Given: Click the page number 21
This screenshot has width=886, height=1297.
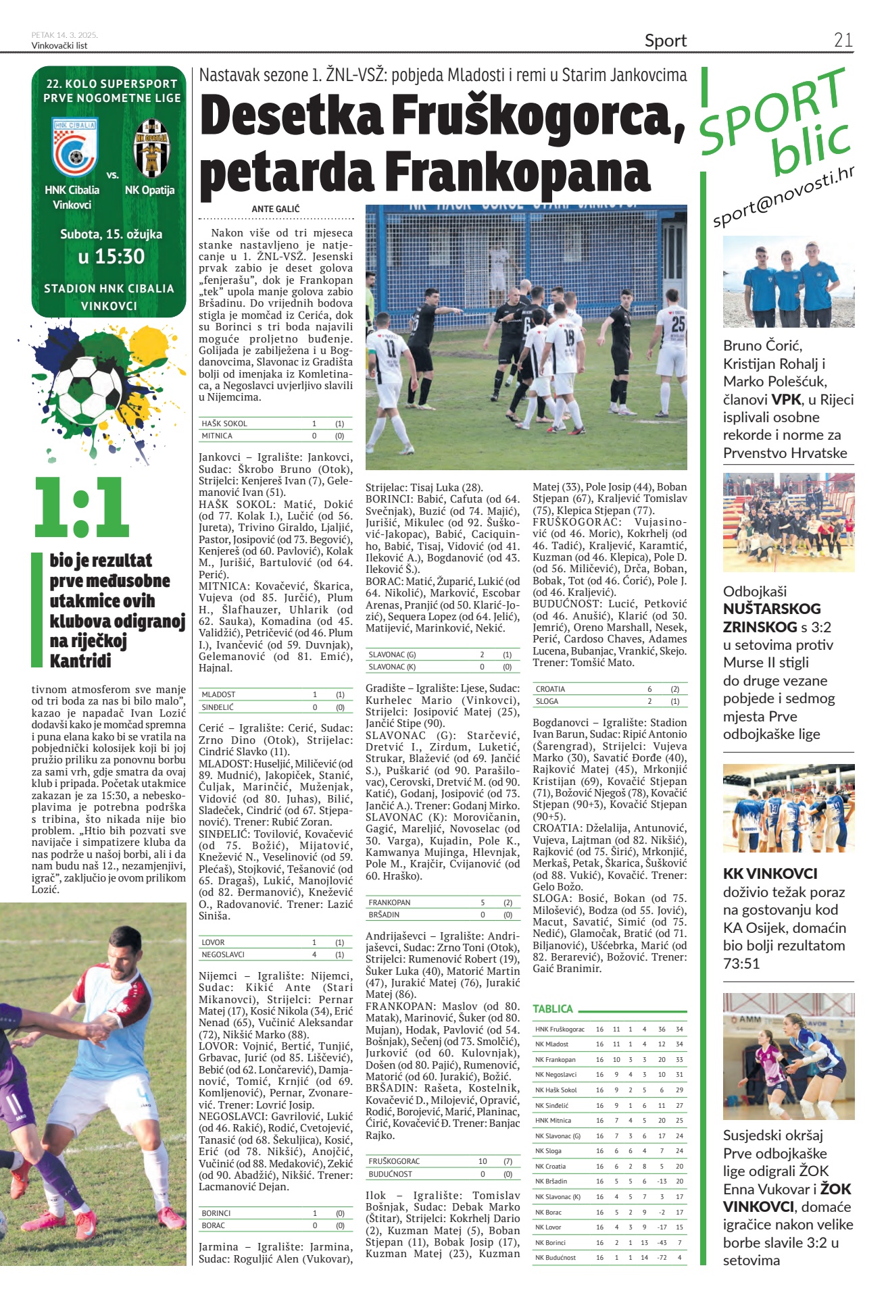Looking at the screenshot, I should click(x=843, y=40).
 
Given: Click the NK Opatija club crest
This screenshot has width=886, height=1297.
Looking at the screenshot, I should click(x=151, y=148).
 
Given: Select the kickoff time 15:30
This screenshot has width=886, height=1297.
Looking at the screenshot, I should click(x=111, y=257).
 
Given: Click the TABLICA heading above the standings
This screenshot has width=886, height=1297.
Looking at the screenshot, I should click(x=552, y=1009).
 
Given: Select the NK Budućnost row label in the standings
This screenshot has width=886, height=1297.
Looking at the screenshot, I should click(x=555, y=1257).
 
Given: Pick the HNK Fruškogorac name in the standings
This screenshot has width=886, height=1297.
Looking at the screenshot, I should click(x=560, y=1029).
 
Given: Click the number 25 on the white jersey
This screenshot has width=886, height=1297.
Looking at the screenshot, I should click(x=677, y=324).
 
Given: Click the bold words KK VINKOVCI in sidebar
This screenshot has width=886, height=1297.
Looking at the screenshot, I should click(x=770, y=873).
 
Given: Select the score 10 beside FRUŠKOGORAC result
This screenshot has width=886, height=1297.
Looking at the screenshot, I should click(x=483, y=1161).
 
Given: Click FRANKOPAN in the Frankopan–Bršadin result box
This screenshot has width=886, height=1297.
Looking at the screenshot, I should click(x=389, y=902).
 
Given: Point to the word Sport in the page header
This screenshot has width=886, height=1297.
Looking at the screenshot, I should click(x=665, y=41).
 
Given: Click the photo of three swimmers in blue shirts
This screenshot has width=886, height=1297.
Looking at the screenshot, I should click(x=788, y=282).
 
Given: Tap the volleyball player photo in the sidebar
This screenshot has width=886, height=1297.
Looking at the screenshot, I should click(x=788, y=1055).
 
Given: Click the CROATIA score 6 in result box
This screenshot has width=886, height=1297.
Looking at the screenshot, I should click(x=649, y=689).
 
